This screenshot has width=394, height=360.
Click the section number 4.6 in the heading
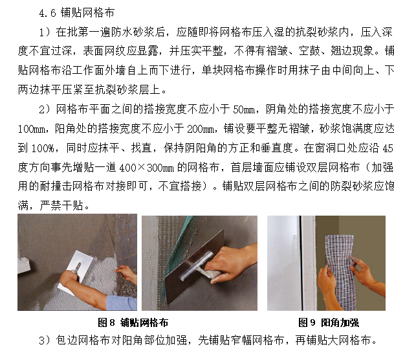[x=47, y=13]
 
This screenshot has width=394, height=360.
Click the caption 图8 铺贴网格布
[x=133, y=322]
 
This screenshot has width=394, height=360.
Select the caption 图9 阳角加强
[x=329, y=322]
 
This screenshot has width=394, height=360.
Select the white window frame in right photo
[x=308, y=263]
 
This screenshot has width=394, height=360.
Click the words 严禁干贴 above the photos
[x=62, y=206]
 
